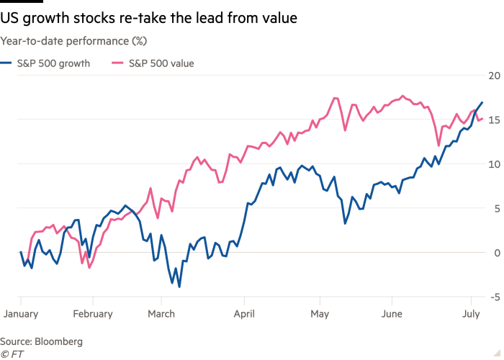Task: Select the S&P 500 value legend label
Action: pyautogui.click(x=162, y=63)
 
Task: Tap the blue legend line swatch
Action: pyautogui.click(x=6, y=63)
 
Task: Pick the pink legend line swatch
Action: pyautogui.click(x=117, y=63)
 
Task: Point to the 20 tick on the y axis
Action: pyautogui.click(x=494, y=75)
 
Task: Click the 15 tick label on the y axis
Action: pyautogui.click(x=494, y=120)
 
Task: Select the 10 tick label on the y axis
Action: pyautogui.click(x=494, y=163)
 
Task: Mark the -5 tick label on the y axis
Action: pyautogui.click(x=494, y=297)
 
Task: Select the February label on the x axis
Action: pyautogui.click(x=93, y=314)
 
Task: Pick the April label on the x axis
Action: pyautogui.click(x=245, y=314)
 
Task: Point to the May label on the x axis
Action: pyautogui.click(x=320, y=314)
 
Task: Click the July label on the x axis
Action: pyautogui.click(x=472, y=314)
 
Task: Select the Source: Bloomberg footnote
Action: pyautogui.click(x=42, y=341)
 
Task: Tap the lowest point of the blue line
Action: pyautogui.click(x=179, y=287)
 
